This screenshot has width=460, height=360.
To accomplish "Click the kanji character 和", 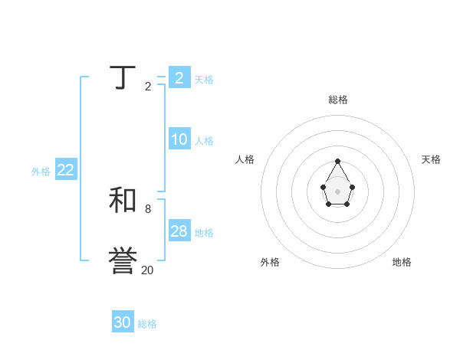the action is pyautogui.click(x=123, y=201).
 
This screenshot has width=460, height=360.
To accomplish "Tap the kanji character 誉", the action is pyautogui.click(x=123, y=261).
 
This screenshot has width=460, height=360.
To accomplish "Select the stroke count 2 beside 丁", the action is pyautogui.click(x=148, y=87).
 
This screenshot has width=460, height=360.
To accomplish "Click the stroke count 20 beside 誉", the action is pyautogui.click(x=147, y=270).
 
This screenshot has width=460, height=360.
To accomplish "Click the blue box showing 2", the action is pyautogui.click(x=179, y=77).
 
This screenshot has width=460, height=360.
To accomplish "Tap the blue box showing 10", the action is pyautogui.click(x=179, y=139).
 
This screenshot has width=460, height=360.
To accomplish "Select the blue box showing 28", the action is pyautogui.click(x=179, y=231).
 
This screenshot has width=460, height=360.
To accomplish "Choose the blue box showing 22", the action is pyautogui.click(x=66, y=170).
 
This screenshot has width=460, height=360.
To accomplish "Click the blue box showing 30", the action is pyautogui.click(x=123, y=322).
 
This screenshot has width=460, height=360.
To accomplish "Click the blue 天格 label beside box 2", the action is pyautogui.click(x=204, y=80).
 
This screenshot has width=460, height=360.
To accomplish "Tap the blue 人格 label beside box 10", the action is pyautogui.click(x=204, y=141).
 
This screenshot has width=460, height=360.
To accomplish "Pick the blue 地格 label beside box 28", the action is pyautogui.click(x=204, y=233).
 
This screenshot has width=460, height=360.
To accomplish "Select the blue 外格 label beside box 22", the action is pyautogui.click(x=41, y=172).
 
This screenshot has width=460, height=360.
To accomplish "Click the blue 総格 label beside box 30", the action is pyautogui.click(x=147, y=324).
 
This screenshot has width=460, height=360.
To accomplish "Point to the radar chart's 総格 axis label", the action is pyautogui.click(x=338, y=100).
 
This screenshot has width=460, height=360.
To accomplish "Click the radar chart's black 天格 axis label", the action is pyautogui.click(x=432, y=159).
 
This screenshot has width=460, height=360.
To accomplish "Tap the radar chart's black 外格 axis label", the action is pyautogui.click(x=270, y=262).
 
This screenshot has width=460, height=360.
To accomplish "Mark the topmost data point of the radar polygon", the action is pyautogui.click(x=337, y=162).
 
